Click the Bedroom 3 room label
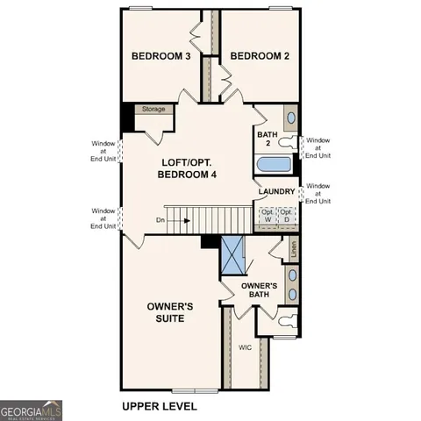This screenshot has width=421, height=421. [x=161, y=56]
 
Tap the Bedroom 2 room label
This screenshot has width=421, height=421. [x=260, y=56]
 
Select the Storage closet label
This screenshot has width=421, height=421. [x=154, y=110]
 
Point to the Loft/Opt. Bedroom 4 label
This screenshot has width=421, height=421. [x=187, y=168]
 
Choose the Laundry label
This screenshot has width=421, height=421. [x=276, y=192]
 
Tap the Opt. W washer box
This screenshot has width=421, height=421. [x=267, y=216]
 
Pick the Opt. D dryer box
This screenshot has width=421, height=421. [x=287, y=216]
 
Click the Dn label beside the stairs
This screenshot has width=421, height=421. [x=161, y=221]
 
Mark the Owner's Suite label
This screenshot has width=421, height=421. [x=170, y=312]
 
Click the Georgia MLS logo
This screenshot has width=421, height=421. [x=31, y=410]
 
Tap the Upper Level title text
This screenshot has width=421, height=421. [x=159, y=407]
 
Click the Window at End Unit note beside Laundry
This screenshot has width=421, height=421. [x=318, y=193]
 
